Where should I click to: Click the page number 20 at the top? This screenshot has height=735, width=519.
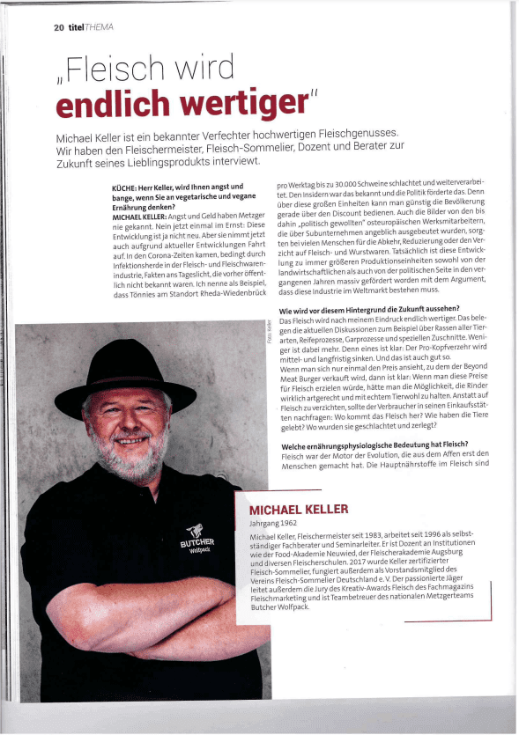pyautogui.click(x=59, y=27)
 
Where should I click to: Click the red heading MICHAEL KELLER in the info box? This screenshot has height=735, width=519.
pyautogui.click(x=299, y=510)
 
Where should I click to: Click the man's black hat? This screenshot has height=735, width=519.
pyautogui.click(x=132, y=364)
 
